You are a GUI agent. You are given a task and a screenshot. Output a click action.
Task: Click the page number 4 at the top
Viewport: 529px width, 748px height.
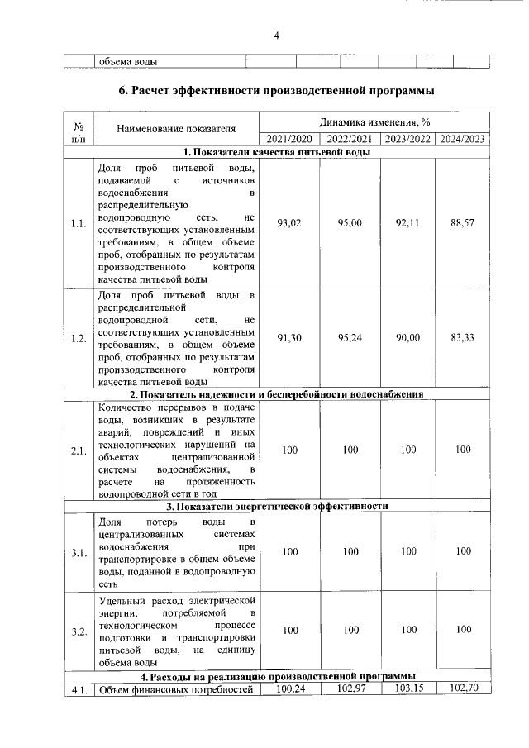(277, 35)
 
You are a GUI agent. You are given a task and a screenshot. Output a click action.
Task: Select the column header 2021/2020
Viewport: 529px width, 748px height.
(289, 139)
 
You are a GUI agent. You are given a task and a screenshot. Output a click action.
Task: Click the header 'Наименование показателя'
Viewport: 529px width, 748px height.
(176, 128)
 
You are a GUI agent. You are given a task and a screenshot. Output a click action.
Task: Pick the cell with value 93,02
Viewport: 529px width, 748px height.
(289, 223)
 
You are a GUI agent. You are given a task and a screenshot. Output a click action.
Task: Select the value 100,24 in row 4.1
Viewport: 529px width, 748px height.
(289, 688)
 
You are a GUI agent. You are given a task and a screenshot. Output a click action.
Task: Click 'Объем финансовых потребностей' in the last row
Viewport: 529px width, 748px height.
(174, 690)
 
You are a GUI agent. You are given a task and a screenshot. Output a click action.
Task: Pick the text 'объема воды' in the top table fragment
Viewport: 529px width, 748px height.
(128, 61)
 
